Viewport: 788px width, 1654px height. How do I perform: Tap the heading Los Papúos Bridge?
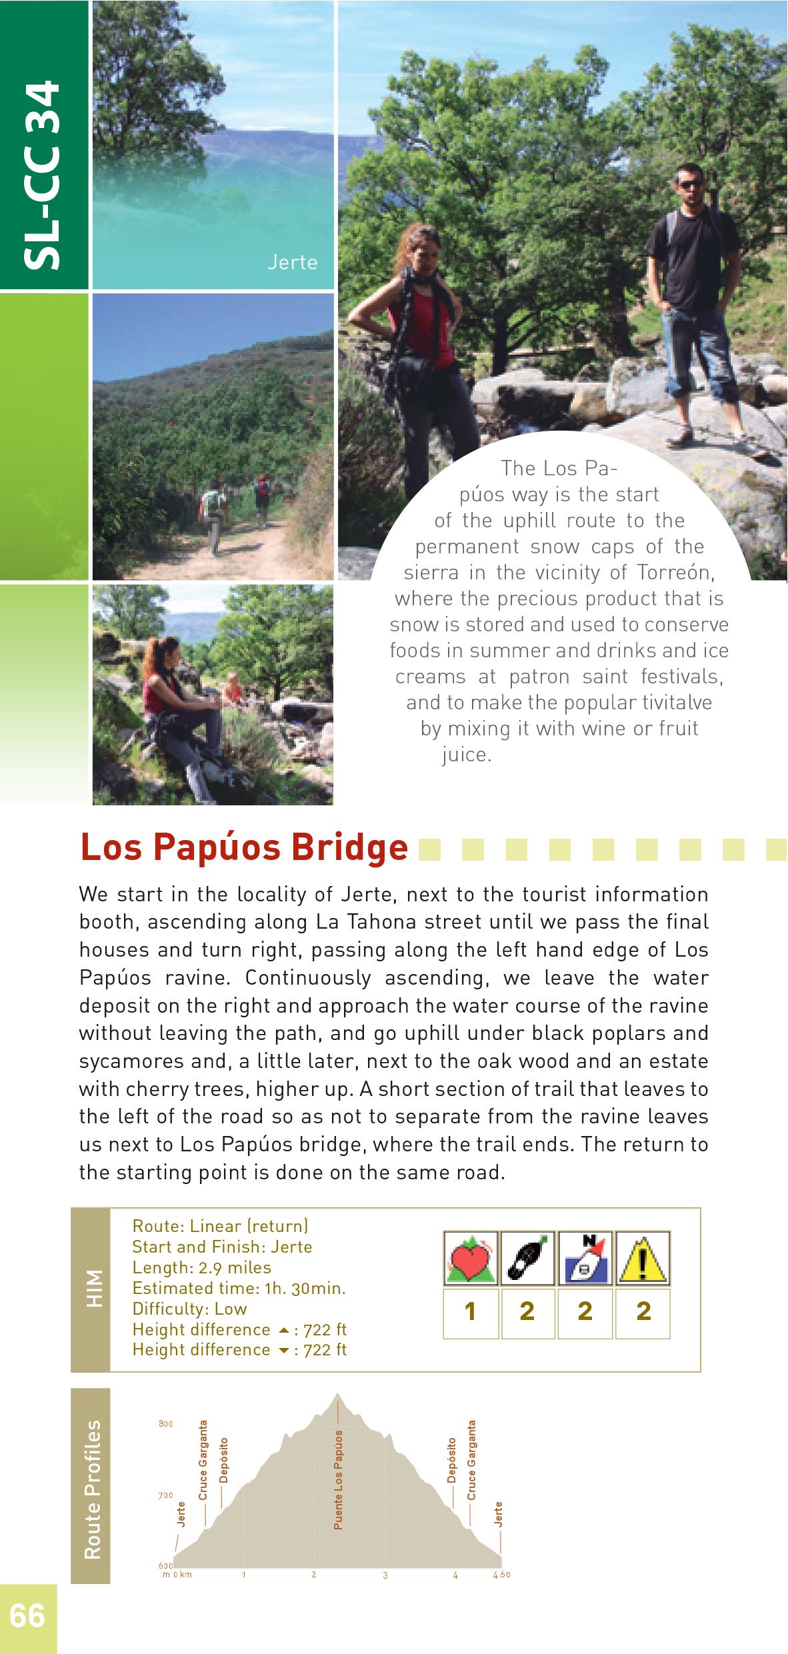click(243, 848)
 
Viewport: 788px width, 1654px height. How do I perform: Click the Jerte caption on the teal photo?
click(292, 263)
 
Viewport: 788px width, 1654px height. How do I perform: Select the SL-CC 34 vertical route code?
click(43, 177)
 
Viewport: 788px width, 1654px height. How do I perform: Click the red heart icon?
click(471, 1259)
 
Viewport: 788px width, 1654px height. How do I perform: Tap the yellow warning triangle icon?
click(643, 1259)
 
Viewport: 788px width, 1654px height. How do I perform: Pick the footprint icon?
click(527, 1259)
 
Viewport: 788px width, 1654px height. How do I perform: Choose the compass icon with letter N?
click(585, 1259)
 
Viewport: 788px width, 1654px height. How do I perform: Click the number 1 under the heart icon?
click(471, 1311)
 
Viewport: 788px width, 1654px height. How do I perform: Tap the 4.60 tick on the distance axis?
click(501, 1575)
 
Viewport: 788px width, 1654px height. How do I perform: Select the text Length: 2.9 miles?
click(201, 1267)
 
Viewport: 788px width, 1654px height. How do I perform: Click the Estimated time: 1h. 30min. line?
click(239, 1288)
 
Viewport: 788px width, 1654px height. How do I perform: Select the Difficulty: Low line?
click(189, 1309)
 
